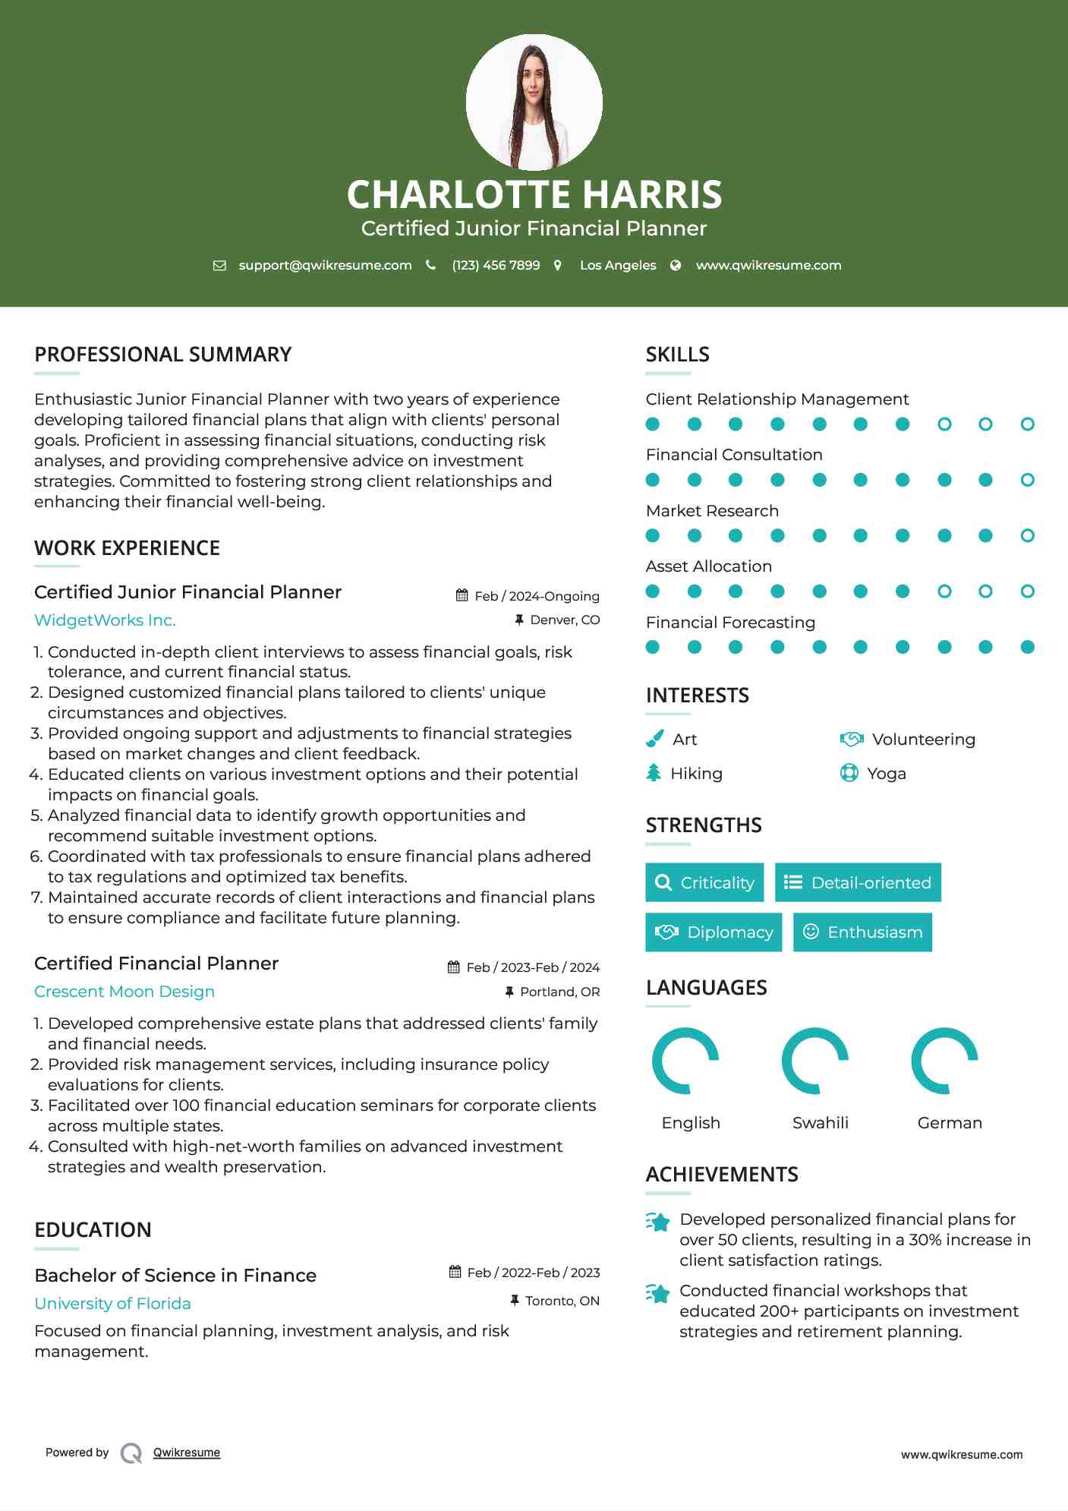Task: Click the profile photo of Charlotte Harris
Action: point(534,103)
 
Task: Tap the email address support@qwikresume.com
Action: point(325,265)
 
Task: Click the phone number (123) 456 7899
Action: point(496,265)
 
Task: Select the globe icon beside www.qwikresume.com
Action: point(676,265)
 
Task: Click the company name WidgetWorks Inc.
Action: point(105,620)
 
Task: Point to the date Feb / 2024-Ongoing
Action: point(537,596)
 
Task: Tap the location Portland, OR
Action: point(559,992)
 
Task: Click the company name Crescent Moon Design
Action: point(124,992)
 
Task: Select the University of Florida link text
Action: point(112,1304)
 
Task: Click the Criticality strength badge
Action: point(704,882)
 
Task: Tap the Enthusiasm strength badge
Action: point(862,932)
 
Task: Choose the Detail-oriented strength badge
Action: point(858,882)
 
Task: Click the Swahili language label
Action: point(820,1123)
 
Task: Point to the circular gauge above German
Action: point(944,1061)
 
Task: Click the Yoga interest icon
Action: point(849,773)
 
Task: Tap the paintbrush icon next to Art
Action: point(654,739)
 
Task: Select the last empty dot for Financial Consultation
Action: point(1027,480)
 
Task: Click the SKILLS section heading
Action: point(677,355)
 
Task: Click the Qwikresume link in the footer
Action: point(187,1453)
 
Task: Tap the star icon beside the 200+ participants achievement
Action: point(658,1293)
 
